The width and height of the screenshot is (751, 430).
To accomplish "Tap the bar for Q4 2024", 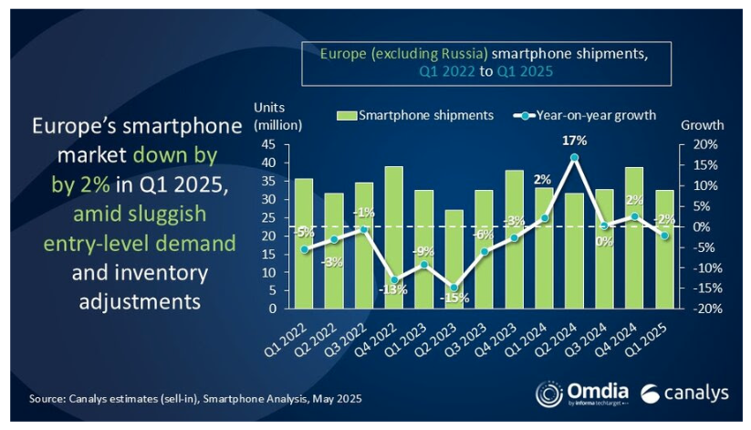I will tap(631, 237).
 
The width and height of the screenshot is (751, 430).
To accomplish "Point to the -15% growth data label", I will tap(454, 298).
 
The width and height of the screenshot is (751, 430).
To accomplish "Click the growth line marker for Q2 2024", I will tap(573, 157).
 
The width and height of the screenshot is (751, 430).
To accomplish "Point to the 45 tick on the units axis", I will tap(272, 144).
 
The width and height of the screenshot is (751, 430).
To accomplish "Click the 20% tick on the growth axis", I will tap(704, 144).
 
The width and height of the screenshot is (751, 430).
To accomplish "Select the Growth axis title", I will tap(703, 125).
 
